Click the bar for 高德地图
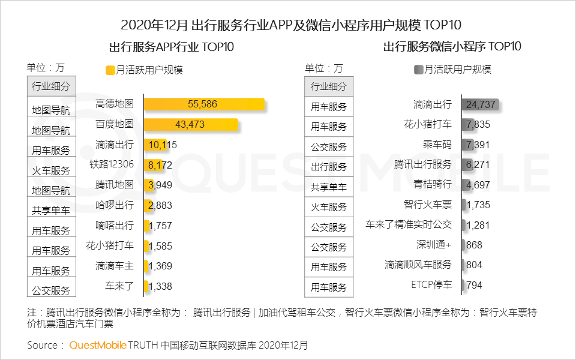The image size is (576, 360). coord(204,104)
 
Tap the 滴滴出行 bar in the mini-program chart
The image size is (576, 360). coord(480,104)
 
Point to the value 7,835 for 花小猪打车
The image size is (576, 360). coord(478,124)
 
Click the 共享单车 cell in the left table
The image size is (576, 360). coord(51,211)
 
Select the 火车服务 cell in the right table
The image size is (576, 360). coord(329,207)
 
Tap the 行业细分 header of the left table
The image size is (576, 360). coord(51,86)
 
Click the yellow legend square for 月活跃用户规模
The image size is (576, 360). coord(110,70)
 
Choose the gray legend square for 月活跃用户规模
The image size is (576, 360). coord(418,70)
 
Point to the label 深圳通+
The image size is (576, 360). coord(434,245)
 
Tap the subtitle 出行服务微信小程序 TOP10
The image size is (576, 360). coord(452,46)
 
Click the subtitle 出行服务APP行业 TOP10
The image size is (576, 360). coord(171,47)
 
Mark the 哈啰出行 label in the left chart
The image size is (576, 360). coord(115,205)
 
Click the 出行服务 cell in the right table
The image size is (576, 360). coord(329,167)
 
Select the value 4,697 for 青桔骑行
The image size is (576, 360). coord(478,184)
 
